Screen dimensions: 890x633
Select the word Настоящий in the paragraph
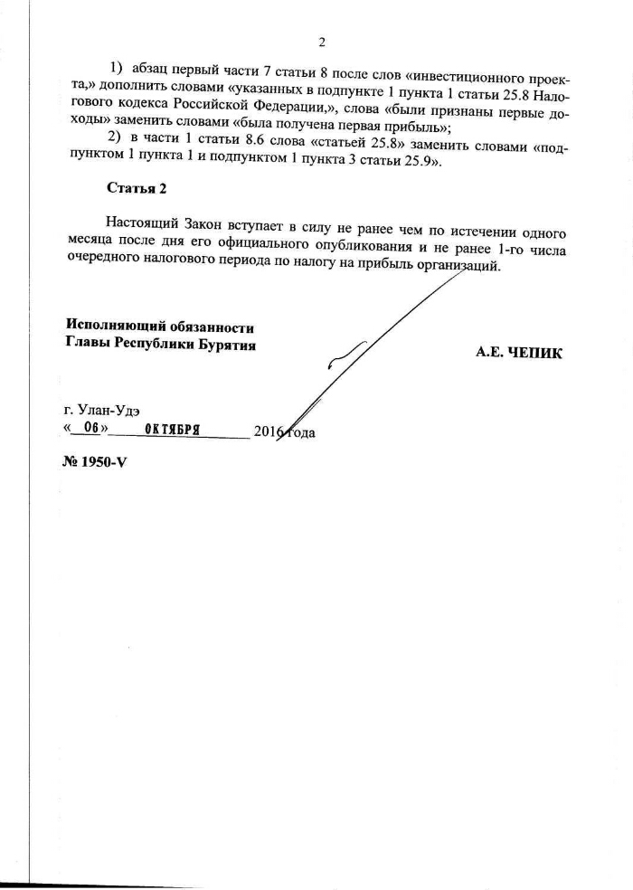click(x=141, y=221)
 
